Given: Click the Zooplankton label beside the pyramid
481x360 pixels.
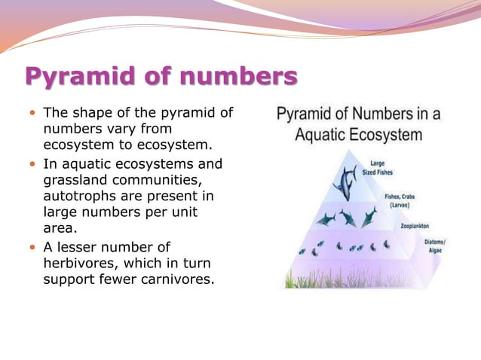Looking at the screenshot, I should [415, 225].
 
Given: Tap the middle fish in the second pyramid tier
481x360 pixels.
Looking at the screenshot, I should [348, 218].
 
